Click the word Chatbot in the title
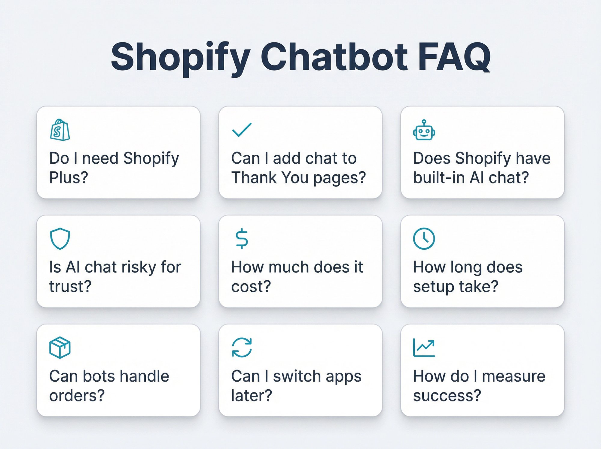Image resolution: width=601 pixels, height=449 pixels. click(x=334, y=57)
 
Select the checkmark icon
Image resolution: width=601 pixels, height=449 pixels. click(x=242, y=130)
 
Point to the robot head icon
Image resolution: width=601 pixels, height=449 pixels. click(x=424, y=130)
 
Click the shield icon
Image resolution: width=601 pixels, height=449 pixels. click(x=60, y=238)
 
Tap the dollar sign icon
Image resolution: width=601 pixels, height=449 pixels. click(x=242, y=239)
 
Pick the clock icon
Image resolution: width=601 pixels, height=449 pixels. click(x=424, y=239)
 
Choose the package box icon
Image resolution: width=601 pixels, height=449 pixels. click(x=60, y=347)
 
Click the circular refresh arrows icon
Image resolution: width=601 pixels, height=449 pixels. click(x=242, y=348)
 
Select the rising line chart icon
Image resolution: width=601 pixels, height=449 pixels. click(x=424, y=348)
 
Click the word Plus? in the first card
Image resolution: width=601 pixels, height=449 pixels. click(x=69, y=177)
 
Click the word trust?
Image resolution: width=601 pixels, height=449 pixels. click(x=70, y=286)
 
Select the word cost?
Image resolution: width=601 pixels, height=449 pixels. click(x=251, y=286)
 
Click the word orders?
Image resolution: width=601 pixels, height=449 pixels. click(x=77, y=395)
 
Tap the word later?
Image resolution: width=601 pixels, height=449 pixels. click(x=251, y=395)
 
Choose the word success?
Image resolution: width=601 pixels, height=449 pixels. click(x=447, y=395)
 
